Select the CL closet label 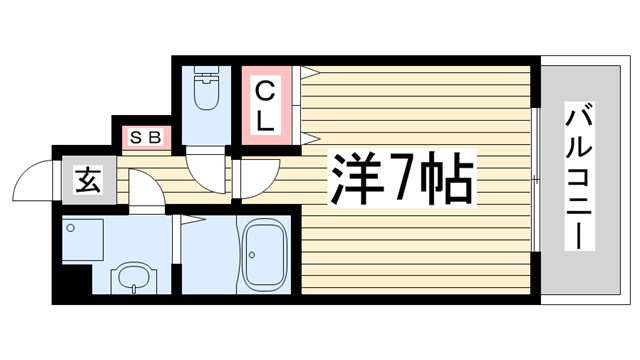click(265, 106)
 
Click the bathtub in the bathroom click(267, 256)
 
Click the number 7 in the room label click(400, 179)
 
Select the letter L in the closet click(265, 119)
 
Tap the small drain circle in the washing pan click(72, 228)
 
